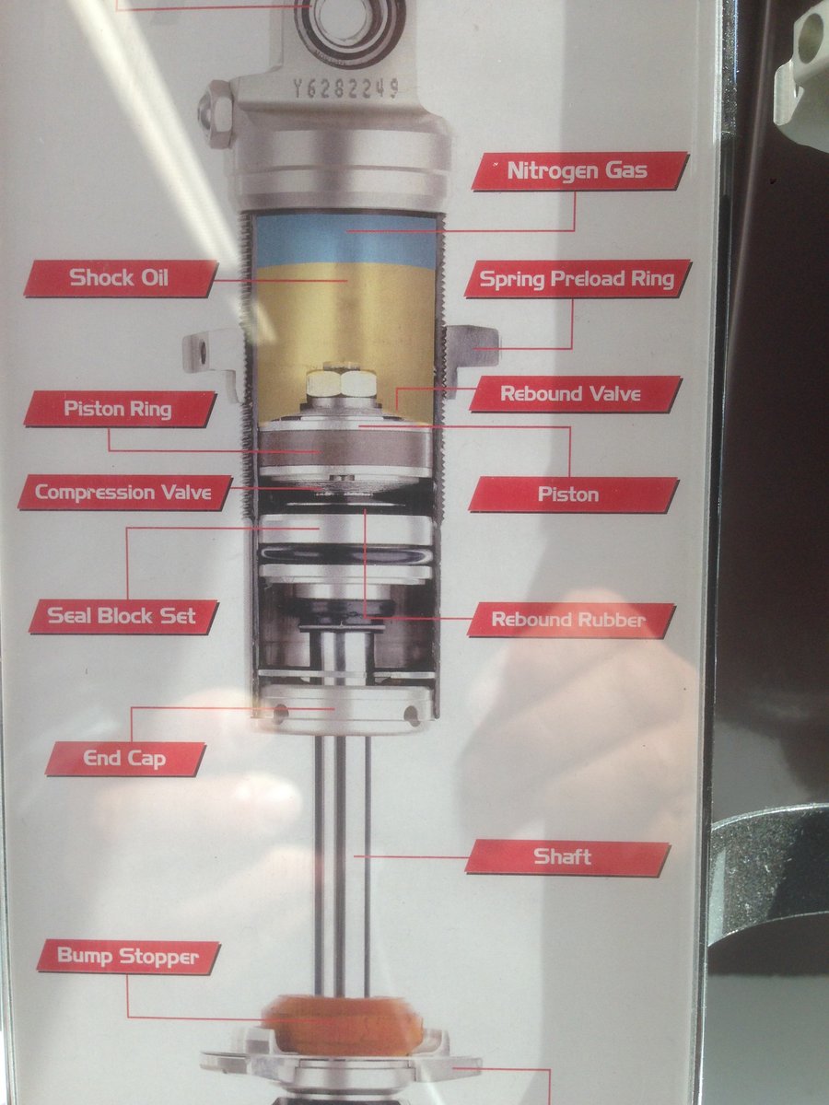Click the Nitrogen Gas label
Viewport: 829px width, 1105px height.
[580, 170]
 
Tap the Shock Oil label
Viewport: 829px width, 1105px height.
[121, 278]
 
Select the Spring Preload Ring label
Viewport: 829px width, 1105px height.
[578, 279]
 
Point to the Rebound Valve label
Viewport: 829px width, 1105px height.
[576, 394]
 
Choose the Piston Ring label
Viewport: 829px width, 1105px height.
[120, 409]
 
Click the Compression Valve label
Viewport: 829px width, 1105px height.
[124, 493]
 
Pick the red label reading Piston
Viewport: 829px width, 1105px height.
[573, 494]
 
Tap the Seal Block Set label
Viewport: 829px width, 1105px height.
[123, 616]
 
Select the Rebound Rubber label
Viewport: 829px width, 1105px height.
[571, 620]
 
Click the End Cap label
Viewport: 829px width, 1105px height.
[125, 759]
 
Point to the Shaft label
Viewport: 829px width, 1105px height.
[567, 856]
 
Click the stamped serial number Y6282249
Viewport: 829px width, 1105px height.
[346, 89]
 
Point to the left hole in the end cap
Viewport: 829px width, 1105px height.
[281, 711]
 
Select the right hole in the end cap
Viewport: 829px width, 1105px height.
[412, 715]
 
